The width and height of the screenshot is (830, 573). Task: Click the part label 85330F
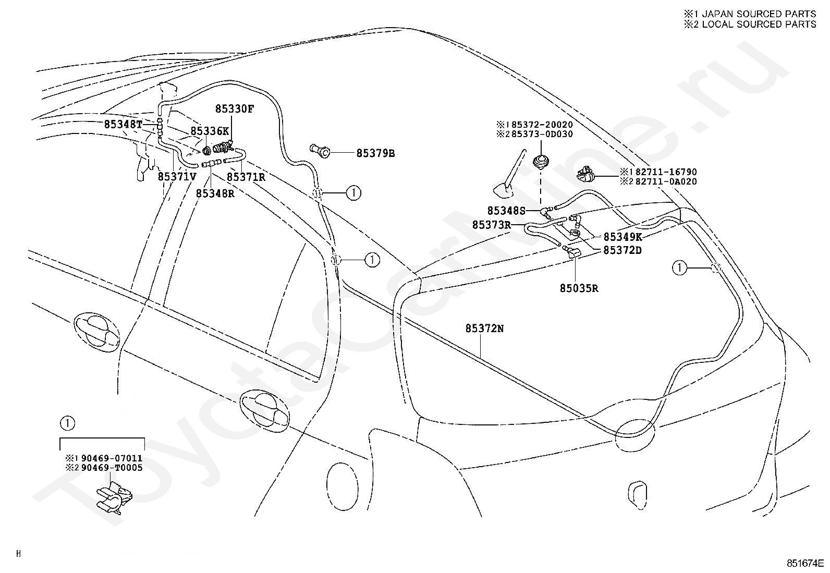[x=235, y=109]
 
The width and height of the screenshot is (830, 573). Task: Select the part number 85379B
[x=375, y=153]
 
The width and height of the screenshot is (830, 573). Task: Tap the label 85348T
[x=123, y=124]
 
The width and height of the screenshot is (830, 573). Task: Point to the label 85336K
[x=210, y=131]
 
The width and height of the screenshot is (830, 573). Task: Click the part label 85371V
[x=177, y=176]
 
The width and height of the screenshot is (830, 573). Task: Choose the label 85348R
[x=215, y=193]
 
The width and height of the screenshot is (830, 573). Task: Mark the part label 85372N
[x=484, y=328]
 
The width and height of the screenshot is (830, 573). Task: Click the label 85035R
[x=579, y=288]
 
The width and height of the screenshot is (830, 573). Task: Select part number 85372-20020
[x=542, y=125]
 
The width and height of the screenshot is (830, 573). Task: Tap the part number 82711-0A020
[x=666, y=181]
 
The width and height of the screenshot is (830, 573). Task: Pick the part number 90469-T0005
[x=112, y=468]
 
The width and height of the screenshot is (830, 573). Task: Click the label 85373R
[x=491, y=225]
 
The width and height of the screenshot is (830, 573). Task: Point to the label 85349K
[x=622, y=237]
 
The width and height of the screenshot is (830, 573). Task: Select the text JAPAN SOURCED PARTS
[x=758, y=14]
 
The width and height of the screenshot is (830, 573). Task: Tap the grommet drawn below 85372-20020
[x=541, y=162]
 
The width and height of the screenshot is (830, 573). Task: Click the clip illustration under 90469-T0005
[x=114, y=497]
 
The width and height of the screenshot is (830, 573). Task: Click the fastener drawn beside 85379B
[x=320, y=151]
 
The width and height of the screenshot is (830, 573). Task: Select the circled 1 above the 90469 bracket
[x=67, y=423]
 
